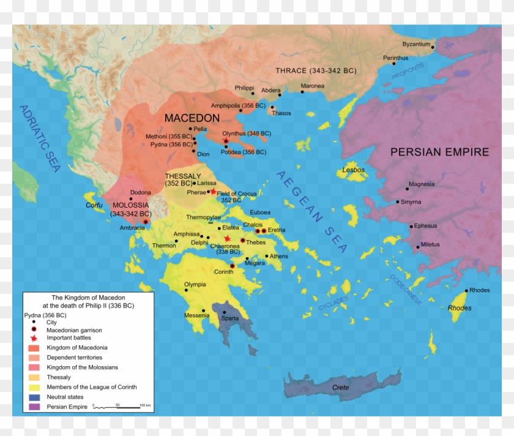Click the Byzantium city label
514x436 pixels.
click(x=416, y=44)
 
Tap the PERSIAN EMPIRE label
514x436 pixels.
click(x=439, y=152)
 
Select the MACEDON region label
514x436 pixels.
click(x=192, y=118)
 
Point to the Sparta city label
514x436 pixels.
click(x=230, y=318)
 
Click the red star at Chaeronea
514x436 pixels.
click(x=228, y=239)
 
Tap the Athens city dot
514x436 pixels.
click(x=267, y=256)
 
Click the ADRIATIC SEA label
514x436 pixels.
click(x=39, y=138)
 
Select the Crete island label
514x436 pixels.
click(x=340, y=388)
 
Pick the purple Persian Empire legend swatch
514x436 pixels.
click(x=33, y=407)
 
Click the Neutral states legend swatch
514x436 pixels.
click(x=33, y=397)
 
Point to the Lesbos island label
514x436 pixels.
click(x=353, y=170)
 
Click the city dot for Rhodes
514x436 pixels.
click(x=466, y=291)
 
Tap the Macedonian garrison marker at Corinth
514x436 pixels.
click(x=233, y=266)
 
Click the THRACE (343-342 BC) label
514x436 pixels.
click(x=315, y=70)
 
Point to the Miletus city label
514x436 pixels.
click(x=430, y=244)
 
